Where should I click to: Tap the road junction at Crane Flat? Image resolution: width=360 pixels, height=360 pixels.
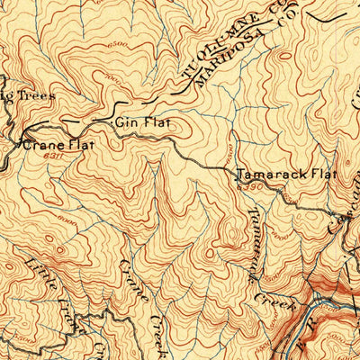[20, 141]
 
